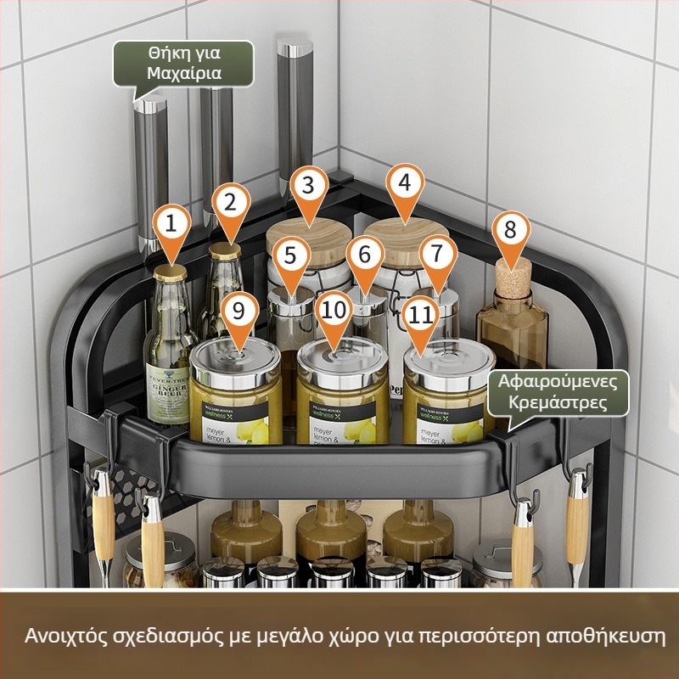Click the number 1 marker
click(x=172, y=226)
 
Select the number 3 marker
click(x=309, y=183)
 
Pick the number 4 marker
click(x=405, y=182)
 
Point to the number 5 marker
click(x=290, y=254)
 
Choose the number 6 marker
click(x=365, y=254)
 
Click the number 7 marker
click(x=437, y=254)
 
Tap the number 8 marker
click(x=510, y=230)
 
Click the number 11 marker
click(x=422, y=312)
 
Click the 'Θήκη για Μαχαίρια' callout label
click(x=184, y=63)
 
